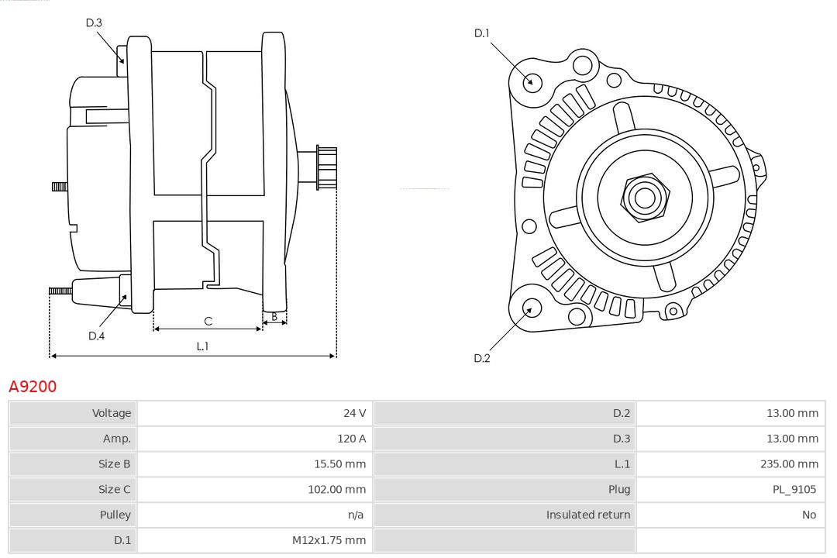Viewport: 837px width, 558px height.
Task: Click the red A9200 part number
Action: pyautogui.click(x=33, y=386)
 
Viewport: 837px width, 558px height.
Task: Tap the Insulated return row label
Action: pyautogui.click(x=587, y=515)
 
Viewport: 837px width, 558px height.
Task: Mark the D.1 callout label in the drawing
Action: pyautogui.click(x=482, y=33)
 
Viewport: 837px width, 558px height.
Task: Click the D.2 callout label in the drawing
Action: pyautogui.click(x=482, y=358)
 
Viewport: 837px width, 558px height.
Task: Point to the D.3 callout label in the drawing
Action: pyautogui.click(x=94, y=22)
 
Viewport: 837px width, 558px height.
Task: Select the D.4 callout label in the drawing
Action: pyautogui.click(x=96, y=336)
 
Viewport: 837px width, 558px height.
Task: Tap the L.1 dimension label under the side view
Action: pyautogui.click(x=202, y=346)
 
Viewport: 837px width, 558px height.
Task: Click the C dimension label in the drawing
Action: pyautogui.click(x=208, y=321)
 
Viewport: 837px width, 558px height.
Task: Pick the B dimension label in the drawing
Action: pyautogui.click(x=274, y=316)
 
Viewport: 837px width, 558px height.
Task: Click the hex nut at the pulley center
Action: pyautogui.click(x=644, y=198)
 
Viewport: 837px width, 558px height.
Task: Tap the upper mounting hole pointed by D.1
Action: pyautogui.click(x=532, y=81)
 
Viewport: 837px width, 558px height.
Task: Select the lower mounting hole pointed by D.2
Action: pyautogui.click(x=530, y=309)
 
